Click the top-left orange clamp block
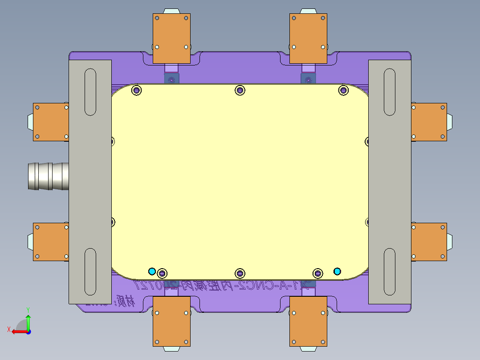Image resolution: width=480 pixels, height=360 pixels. click(x=171, y=38)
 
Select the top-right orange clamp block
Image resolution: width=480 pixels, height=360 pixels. click(x=308, y=38)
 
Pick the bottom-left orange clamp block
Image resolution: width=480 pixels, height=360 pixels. click(x=171, y=321)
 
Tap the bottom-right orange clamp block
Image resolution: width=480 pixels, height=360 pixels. click(x=308, y=321)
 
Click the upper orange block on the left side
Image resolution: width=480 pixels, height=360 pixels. click(x=51, y=122)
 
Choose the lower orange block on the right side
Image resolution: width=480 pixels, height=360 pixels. click(x=428, y=242)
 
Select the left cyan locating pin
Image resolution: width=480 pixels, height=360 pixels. click(x=152, y=271)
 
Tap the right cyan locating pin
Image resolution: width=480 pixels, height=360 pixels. click(x=337, y=271)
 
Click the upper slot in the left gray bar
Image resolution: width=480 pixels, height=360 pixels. click(x=90, y=92)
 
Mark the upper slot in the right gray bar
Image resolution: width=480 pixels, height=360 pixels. click(x=390, y=92)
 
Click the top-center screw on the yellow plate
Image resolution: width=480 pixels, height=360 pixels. click(x=240, y=90)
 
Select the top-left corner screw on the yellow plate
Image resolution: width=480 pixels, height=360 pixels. click(x=137, y=90)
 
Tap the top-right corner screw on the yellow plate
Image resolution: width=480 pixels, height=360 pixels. click(x=343, y=90)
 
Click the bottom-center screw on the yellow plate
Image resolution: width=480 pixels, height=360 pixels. click(x=240, y=273)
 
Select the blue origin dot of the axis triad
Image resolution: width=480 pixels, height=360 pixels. click(x=28, y=331)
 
